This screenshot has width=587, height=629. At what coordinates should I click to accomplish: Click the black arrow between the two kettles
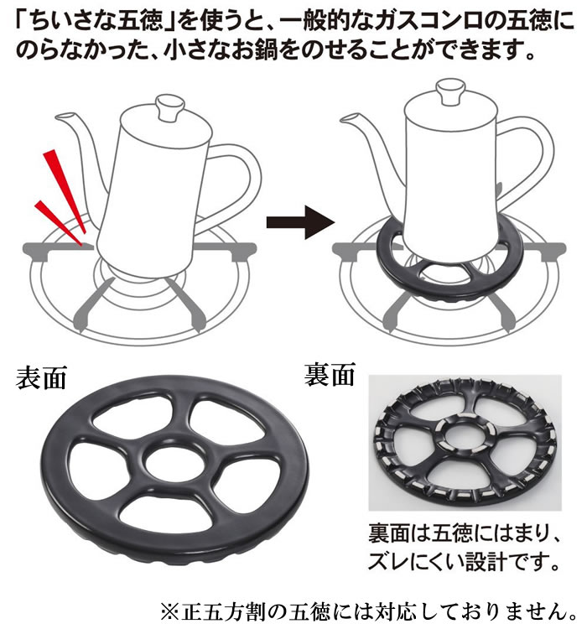click(300, 222)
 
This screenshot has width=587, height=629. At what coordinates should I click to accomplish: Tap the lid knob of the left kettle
click(169, 107)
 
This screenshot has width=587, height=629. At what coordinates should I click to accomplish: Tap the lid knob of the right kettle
click(450, 91)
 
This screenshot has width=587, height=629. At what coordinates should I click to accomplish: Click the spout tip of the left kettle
click(58, 117)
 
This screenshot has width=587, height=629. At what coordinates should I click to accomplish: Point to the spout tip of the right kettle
click(344, 118)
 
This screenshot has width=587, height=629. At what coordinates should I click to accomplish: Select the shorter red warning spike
click(59, 222)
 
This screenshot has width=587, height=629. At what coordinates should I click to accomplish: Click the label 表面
click(41, 378)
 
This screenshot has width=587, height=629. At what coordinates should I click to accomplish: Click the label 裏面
click(330, 375)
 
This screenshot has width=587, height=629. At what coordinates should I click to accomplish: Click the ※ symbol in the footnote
click(170, 612)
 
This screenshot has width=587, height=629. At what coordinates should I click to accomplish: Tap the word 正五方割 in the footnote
click(226, 612)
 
